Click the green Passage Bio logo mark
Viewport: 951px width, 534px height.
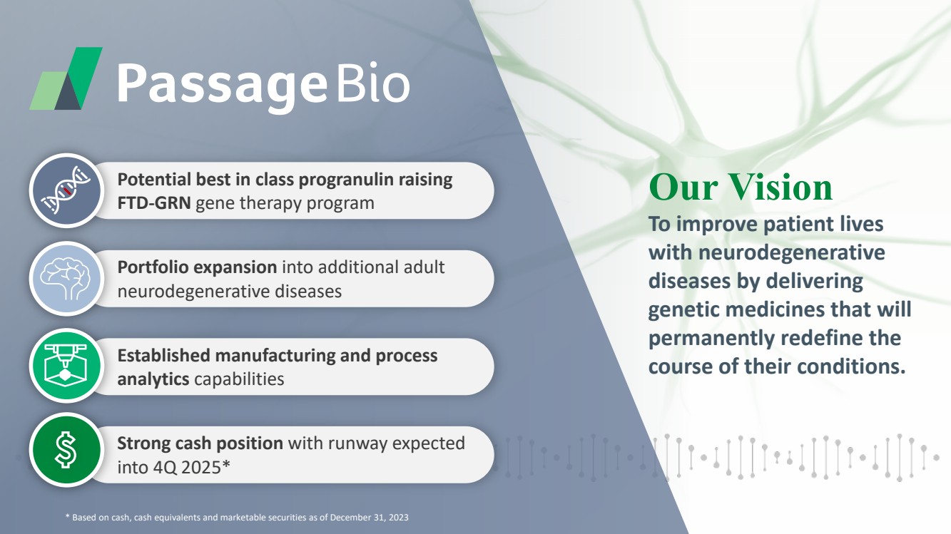click(x=66, y=78)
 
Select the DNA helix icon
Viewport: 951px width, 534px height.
click(x=66, y=190)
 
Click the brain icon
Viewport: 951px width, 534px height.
click(x=66, y=279)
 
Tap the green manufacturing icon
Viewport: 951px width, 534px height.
click(x=66, y=366)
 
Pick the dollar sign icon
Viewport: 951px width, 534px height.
click(x=66, y=450)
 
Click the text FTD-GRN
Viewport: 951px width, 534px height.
click(x=154, y=203)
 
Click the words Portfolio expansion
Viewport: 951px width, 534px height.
click(x=197, y=268)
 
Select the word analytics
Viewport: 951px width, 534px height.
click(x=153, y=379)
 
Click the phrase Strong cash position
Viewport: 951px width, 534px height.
click(x=200, y=443)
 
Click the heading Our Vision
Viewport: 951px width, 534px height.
click(x=741, y=187)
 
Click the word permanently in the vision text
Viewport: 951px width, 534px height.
click(x=711, y=339)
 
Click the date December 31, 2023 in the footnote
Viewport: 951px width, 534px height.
click(x=369, y=518)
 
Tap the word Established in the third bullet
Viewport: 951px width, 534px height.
click(x=163, y=356)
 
